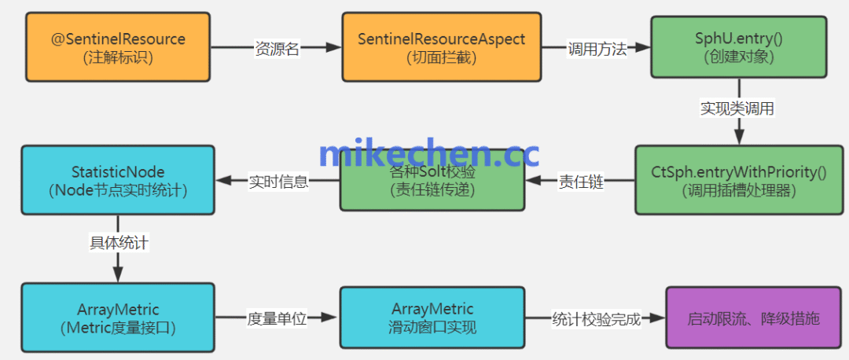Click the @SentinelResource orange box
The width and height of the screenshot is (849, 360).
pyautogui.click(x=118, y=47)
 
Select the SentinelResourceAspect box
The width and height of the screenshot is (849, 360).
pyautogui.click(x=441, y=47)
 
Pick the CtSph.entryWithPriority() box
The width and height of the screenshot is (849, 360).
pyautogui.click(x=740, y=181)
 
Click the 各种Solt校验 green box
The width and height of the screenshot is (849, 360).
pyautogui.click(x=432, y=181)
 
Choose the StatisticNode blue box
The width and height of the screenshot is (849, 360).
pyautogui.click(x=118, y=180)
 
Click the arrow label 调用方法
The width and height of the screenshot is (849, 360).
pyautogui.click(x=597, y=49)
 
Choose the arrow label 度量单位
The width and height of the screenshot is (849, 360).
pyautogui.click(x=277, y=318)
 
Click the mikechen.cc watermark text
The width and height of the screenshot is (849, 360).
pyautogui.click(x=428, y=154)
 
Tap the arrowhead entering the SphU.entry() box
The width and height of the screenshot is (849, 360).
pyautogui.click(x=645, y=48)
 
